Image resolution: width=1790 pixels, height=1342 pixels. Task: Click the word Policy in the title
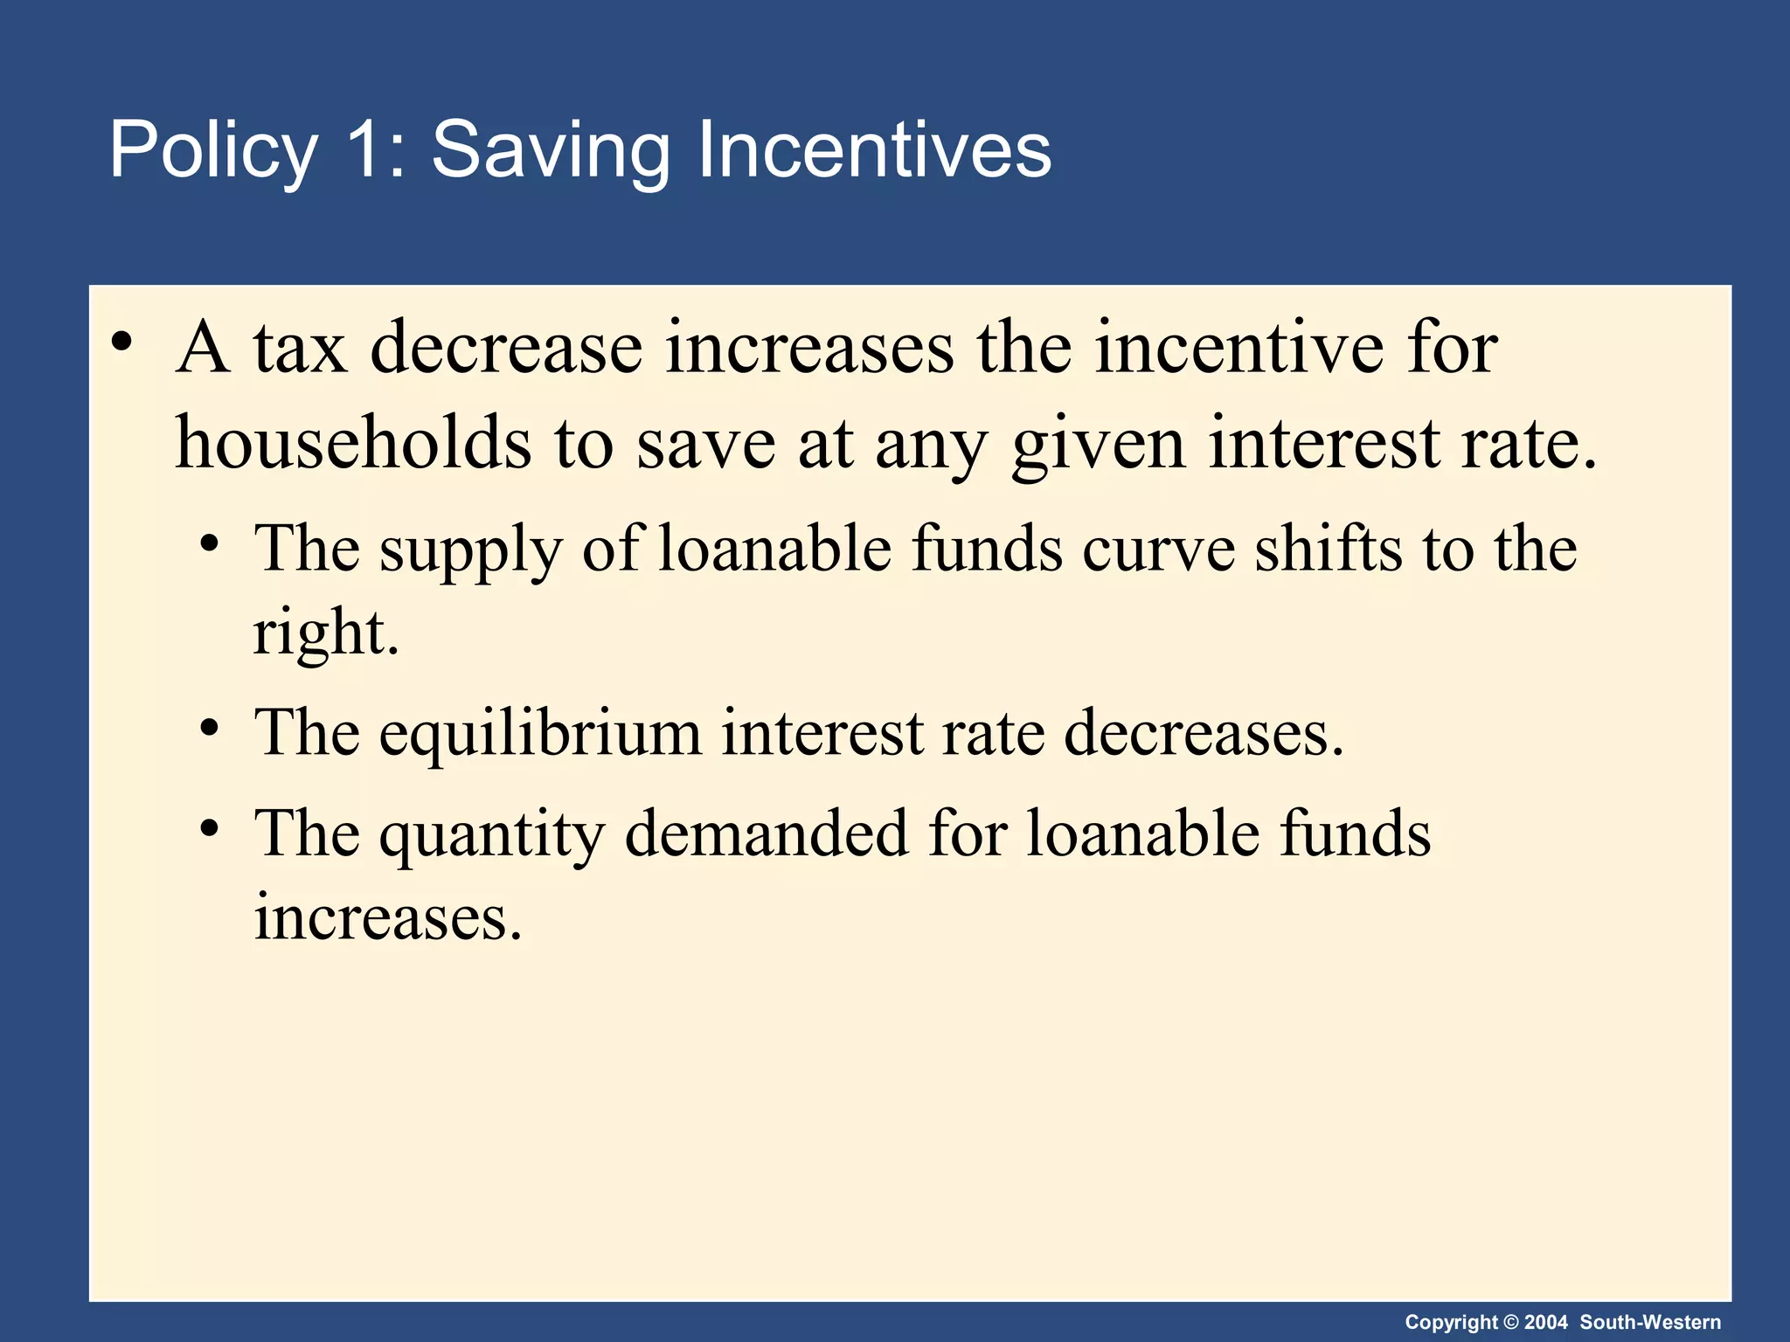click(212, 150)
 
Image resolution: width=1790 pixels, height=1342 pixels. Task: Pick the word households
click(353, 443)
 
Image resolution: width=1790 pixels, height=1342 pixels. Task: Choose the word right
click(325, 633)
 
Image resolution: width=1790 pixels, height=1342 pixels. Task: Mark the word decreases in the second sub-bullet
click(1204, 732)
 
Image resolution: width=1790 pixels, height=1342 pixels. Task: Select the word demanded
click(767, 833)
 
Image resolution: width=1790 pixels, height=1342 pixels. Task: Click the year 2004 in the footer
click(1546, 1323)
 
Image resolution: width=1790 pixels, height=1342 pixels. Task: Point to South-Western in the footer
click(1650, 1323)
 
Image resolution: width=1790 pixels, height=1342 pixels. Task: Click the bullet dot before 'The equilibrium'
click(209, 727)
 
